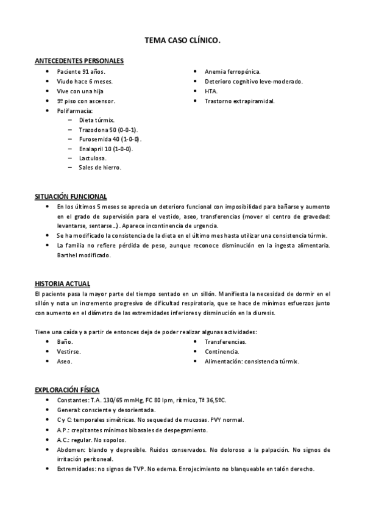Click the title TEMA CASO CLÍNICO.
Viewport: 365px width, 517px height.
[x=182, y=40]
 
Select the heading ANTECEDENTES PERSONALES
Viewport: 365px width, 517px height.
[x=79, y=61]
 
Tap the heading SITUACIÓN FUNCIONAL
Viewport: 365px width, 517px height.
[x=71, y=196]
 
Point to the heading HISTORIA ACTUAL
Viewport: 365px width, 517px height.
[x=63, y=284]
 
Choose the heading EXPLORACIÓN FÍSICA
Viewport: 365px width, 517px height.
[x=67, y=390]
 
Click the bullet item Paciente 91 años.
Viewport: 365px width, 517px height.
[x=81, y=71]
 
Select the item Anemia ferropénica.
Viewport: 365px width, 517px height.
[x=232, y=71]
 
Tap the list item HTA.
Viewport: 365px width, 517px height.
[x=211, y=91]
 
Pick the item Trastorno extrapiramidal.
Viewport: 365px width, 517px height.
[x=239, y=101]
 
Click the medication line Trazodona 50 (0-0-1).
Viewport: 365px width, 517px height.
[x=108, y=130]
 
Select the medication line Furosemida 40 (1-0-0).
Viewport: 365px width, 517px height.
[x=110, y=140]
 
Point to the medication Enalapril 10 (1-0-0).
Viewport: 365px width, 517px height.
[x=105, y=149]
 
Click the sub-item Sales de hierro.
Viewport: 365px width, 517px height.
[x=100, y=168]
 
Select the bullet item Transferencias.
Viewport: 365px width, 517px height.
[x=225, y=342]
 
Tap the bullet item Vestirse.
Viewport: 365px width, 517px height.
[x=69, y=352]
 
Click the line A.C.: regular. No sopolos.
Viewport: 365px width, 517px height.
[x=91, y=440]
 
